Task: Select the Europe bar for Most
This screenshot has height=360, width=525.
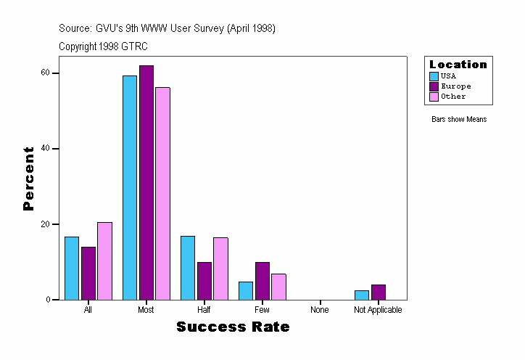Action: pyautogui.click(x=146, y=182)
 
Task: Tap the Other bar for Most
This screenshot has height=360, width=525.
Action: pyautogui.click(x=162, y=193)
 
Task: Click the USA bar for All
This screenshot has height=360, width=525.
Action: pyautogui.click(x=72, y=268)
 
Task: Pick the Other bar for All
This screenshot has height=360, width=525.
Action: pyautogui.click(x=104, y=261)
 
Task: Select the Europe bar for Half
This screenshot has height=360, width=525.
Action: pyautogui.click(x=204, y=280)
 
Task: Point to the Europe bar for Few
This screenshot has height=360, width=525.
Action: pyautogui.click(x=262, y=280)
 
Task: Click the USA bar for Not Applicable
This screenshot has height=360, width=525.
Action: pyautogui.click(x=362, y=295)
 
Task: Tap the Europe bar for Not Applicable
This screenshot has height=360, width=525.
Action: pyautogui.click(x=379, y=292)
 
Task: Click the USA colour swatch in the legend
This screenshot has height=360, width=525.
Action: pyautogui.click(x=434, y=76)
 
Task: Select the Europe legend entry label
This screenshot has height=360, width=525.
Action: pyautogui.click(x=455, y=86)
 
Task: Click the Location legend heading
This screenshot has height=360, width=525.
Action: pyautogui.click(x=458, y=65)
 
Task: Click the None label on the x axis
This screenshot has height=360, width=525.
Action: pyautogui.click(x=320, y=310)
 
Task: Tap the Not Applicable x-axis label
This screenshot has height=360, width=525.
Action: pyautogui.click(x=378, y=310)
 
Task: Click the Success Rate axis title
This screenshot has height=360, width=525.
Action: pyautogui.click(x=233, y=327)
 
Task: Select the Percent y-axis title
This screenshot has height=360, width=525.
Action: pyautogui.click(x=28, y=179)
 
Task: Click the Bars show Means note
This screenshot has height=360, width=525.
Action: pyautogui.click(x=459, y=119)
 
